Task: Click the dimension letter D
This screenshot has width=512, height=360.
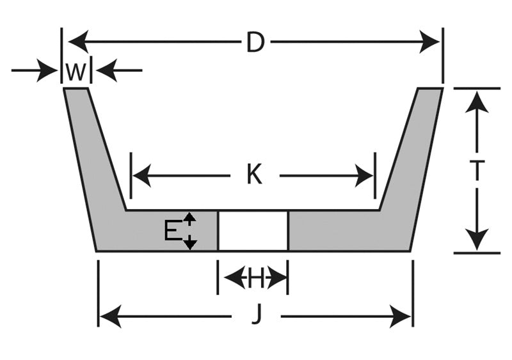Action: coord(255,43)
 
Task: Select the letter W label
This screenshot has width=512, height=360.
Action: coord(76,72)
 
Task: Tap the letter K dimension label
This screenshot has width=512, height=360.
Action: coord(254,175)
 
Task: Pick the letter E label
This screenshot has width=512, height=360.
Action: coord(172,230)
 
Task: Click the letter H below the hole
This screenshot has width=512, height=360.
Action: coord(255,278)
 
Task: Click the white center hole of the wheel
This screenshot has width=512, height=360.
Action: coord(253,231)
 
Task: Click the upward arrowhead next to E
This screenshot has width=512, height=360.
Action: coord(189,218)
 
